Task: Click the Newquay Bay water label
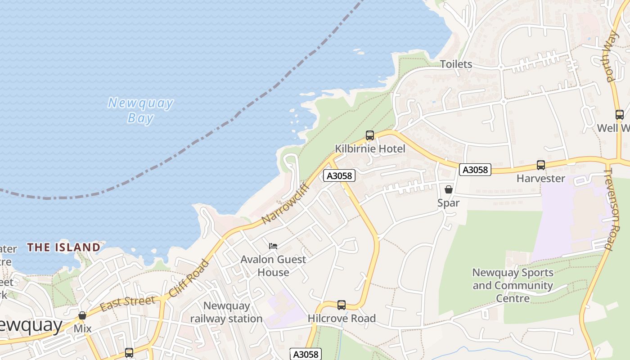pyautogui.click(x=140, y=110)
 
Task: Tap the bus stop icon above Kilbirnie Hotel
pyautogui.click(x=370, y=135)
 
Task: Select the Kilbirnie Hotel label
pyautogui.click(x=370, y=149)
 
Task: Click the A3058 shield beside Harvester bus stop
pyautogui.click(x=475, y=170)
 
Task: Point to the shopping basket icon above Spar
pyautogui.click(x=448, y=189)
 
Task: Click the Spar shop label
pyautogui.click(x=448, y=203)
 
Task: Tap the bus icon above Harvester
pyautogui.click(x=540, y=165)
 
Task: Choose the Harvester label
pyautogui.click(x=540, y=179)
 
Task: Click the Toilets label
pyautogui.click(x=456, y=64)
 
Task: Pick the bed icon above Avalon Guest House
pyautogui.click(x=273, y=246)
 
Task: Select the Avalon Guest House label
pyautogui.click(x=273, y=265)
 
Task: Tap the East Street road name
pyautogui.click(x=127, y=304)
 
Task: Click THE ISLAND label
pyautogui.click(x=63, y=247)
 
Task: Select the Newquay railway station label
pyautogui.click(x=226, y=312)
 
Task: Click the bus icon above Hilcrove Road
pyautogui.click(x=342, y=305)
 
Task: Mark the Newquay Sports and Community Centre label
pyautogui.click(x=513, y=285)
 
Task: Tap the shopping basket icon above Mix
pyautogui.click(x=82, y=315)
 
